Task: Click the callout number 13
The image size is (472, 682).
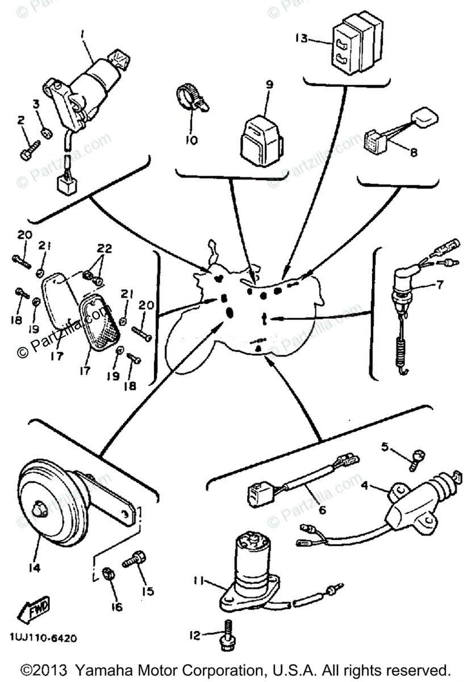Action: pos(301,39)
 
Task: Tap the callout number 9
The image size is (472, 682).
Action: pos(269,85)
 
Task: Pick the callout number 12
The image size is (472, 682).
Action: pos(195,635)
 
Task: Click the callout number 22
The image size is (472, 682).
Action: pos(104,249)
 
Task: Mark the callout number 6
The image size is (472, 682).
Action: pos(322,510)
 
